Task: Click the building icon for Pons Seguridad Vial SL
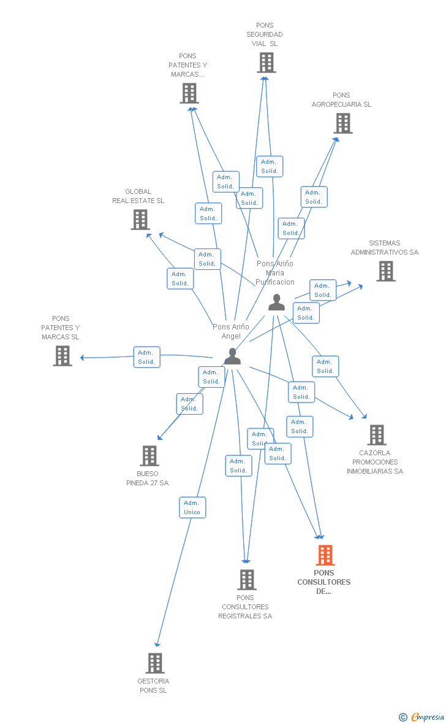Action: coord(266,63)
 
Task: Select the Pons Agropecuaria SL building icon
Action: coord(343,123)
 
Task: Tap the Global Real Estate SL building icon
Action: coord(140,220)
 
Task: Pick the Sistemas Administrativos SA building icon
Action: coord(385,271)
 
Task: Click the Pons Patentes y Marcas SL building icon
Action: coord(62,356)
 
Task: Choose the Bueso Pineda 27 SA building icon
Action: coord(149,456)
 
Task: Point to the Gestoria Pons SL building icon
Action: coord(155,663)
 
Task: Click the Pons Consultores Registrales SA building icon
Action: coord(247,580)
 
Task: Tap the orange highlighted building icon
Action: coord(325,555)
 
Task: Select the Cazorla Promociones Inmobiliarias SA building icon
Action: coord(376,435)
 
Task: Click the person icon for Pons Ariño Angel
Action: coord(232,356)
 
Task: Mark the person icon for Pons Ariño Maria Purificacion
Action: coord(276,302)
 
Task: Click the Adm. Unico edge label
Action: coord(192,507)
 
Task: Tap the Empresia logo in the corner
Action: coord(422,717)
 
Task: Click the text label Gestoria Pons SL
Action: coord(153,686)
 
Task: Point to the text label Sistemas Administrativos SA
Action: coord(385,248)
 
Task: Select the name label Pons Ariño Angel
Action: coord(231,331)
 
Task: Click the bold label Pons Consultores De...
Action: coord(324,582)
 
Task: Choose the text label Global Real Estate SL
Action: coord(138,196)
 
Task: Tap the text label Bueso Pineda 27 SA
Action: coord(148,479)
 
